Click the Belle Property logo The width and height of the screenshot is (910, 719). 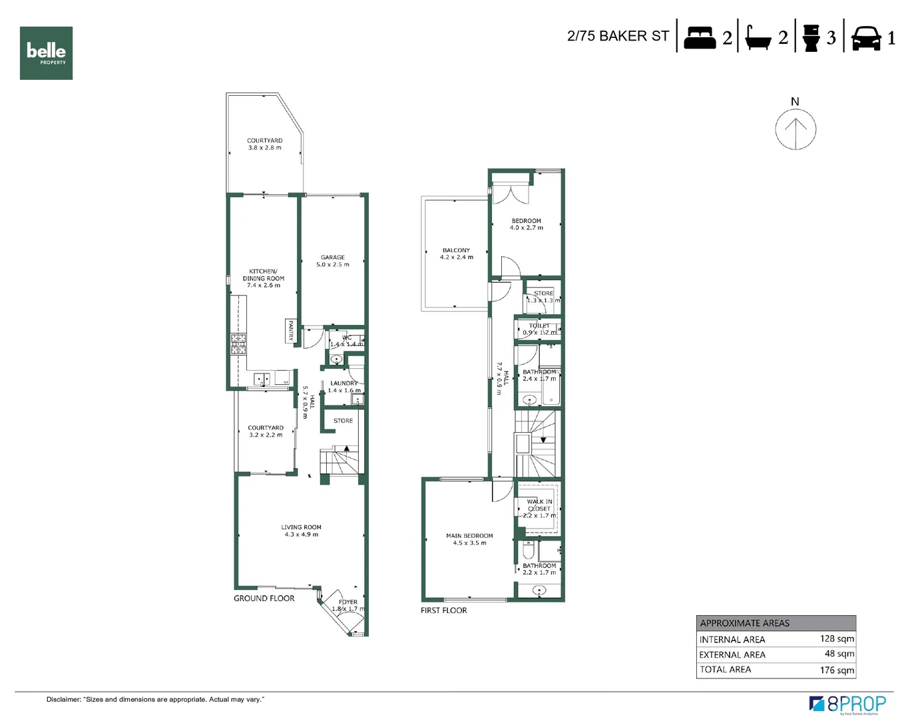point(46,53)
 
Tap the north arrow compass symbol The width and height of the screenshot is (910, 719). point(796,128)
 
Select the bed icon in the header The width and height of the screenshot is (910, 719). point(699,37)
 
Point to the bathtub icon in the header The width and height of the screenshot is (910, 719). point(758,38)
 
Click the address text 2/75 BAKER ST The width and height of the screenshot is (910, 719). point(618,36)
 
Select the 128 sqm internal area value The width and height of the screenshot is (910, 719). point(837,638)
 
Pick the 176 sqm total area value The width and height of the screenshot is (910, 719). point(837,670)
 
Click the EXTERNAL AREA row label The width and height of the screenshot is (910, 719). point(732,654)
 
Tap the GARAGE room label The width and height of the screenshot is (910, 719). point(333,258)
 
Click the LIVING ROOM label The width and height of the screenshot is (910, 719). point(301,527)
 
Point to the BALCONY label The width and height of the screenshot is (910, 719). point(456,250)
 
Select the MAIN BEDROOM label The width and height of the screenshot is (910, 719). point(469,536)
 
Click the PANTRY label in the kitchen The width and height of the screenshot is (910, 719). point(291,330)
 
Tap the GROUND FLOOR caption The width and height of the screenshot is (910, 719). point(264,599)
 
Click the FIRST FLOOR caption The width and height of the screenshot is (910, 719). point(443,610)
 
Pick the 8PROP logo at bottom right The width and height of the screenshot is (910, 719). point(847,704)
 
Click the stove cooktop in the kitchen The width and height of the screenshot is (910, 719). point(238,344)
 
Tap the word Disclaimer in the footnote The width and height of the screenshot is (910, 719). point(63,700)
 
